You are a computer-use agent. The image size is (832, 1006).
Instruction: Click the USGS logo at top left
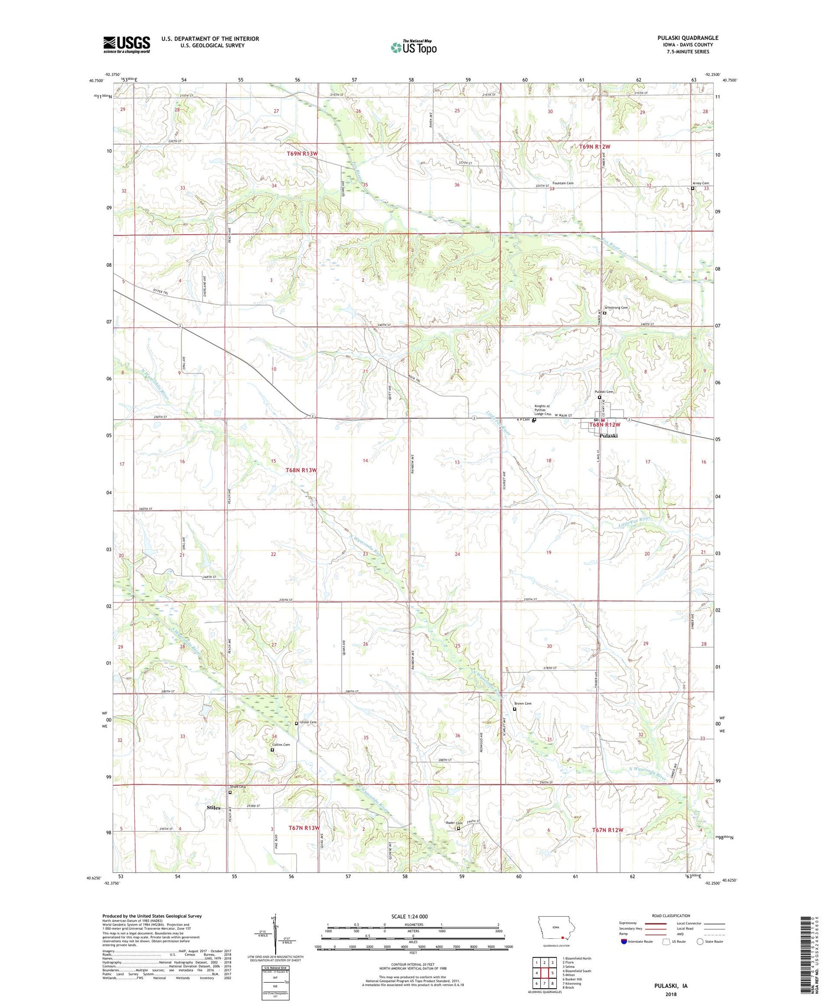tap(126, 44)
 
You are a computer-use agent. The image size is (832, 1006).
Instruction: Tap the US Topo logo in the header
tap(414, 48)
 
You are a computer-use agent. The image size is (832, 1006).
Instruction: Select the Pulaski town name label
tap(608, 436)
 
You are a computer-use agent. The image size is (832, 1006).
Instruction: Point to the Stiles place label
tap(214, 808)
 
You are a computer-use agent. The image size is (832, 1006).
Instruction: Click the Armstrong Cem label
tap(617, 307)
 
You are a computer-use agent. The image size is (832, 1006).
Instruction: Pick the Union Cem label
tap(308, 722)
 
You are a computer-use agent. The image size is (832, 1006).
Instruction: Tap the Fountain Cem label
tap(562, 183)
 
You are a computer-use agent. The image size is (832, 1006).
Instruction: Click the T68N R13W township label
tap(301, 470)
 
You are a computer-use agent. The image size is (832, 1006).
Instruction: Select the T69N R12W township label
tap(595, 146)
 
